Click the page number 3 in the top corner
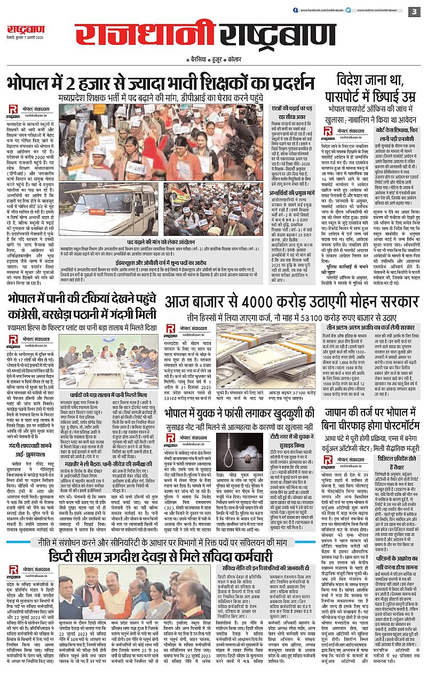pos(414,11)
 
